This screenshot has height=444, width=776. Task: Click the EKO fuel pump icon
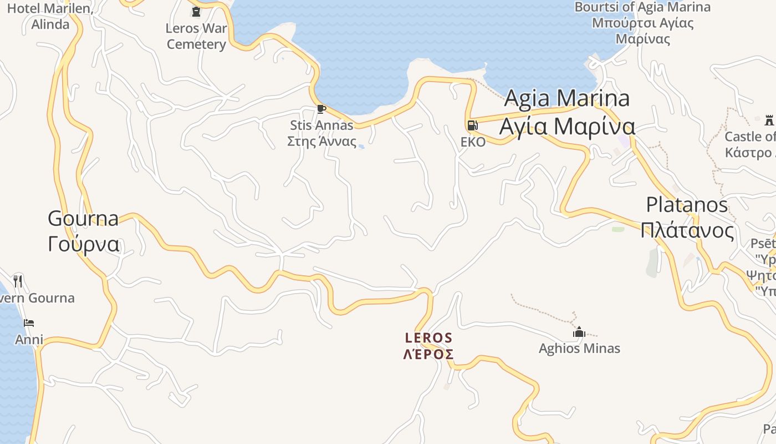[x=472, y=125]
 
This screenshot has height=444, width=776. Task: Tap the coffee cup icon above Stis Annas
[x=321, y=109]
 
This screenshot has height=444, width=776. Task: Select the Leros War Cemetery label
[x=196, y=37]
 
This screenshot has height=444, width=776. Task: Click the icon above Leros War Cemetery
[x=196, y=12]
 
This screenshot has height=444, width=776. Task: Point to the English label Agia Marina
[x=567, y=98]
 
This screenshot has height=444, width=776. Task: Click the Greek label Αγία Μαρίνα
[x=567, y=126]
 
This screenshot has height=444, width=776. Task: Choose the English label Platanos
[x=687, y=205]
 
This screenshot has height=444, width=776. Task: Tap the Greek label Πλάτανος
[x=687, y=230]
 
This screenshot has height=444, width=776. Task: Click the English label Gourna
[x=83, y=218]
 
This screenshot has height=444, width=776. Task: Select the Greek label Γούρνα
[x=84, y=244]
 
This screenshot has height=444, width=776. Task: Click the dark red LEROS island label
[x=428, y=337]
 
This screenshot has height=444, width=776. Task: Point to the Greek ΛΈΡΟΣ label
[x=428, y=354]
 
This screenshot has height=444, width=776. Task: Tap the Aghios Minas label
[x=579, y=349]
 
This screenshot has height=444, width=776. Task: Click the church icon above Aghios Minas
[x=579, y=332]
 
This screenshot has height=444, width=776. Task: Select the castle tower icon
[x=769, y=120]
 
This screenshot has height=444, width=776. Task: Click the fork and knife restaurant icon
[x=18, y=281]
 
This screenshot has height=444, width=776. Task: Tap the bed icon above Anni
[x=29, y=323]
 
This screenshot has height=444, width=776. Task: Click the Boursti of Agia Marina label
[x=642, y=7]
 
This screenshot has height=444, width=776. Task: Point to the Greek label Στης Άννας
[x=321, y=141]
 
